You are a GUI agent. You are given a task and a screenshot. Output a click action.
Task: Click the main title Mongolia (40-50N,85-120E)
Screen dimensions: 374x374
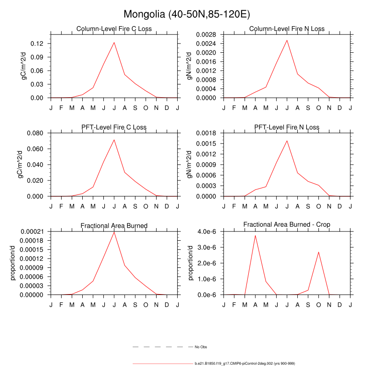(x=187, y=14)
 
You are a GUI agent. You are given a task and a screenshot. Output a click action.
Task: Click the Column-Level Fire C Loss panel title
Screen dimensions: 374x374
(x=114, y=29)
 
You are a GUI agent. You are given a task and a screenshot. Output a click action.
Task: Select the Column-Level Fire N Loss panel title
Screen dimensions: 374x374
(x=287, y=29)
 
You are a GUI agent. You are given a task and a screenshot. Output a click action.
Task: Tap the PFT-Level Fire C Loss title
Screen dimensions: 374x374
(x=114, y=127)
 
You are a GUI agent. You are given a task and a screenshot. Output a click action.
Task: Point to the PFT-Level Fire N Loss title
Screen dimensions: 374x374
(x=287, y=127)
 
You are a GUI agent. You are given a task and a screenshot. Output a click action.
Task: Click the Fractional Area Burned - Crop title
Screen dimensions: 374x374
(x=287, y=225)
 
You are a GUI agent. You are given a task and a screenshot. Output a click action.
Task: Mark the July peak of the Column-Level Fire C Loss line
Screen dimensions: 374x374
(x=114, y=43)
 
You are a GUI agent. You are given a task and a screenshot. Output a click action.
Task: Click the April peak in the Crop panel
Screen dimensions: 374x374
(x=255, y=235)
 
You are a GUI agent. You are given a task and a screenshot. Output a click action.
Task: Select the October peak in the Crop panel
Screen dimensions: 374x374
(x=318, y=252)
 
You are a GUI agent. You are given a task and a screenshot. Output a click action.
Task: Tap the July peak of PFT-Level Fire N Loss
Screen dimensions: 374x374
(x=287, y=141)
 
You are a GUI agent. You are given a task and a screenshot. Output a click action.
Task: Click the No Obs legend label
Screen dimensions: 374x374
(x=201, y=347)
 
